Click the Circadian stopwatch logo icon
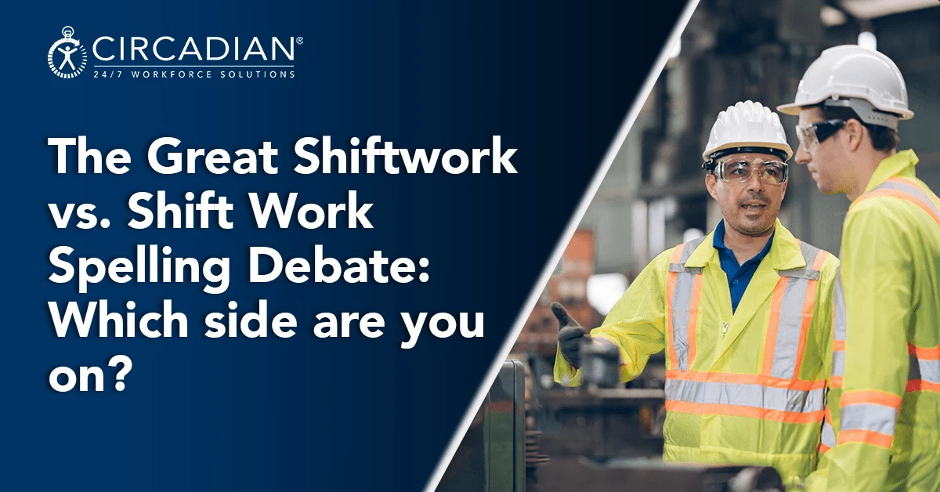[68, 53]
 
